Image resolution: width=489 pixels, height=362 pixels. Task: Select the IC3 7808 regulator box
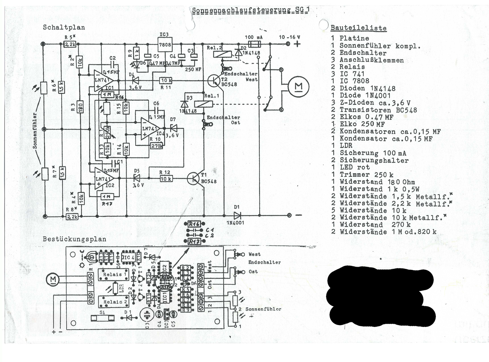tap(165, 45)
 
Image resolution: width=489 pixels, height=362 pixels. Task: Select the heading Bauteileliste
tap(358, 28)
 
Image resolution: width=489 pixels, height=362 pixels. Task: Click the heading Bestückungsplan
tap(74, 239)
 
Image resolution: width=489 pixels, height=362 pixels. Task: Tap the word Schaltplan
tap(64, 27)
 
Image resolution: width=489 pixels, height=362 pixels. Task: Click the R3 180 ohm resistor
tap(81, 107)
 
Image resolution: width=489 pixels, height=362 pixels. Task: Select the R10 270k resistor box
tap(157, 146)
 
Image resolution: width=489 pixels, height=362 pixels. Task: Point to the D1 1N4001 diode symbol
tap(237, 215)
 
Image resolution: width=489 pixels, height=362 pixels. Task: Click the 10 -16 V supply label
tap(289, 37)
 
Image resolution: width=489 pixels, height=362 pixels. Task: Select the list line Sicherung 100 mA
tap(373, 153)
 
